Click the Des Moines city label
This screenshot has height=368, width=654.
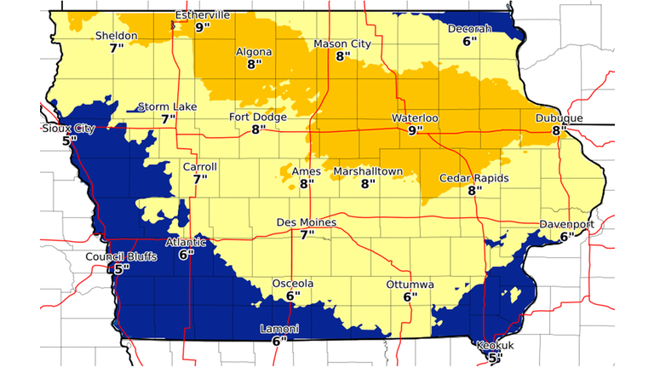pos(307,222)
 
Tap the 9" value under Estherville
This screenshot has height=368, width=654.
pos(203,27)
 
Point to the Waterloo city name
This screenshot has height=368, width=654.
pos(415,118)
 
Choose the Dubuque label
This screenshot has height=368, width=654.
pos(559,118)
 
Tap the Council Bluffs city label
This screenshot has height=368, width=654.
pos(121,256)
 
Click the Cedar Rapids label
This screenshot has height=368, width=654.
pos(474,178)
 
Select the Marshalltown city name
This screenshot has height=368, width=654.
pos(368,171)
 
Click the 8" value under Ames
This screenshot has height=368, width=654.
pos(307,183)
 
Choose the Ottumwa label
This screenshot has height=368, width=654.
pos(410,284)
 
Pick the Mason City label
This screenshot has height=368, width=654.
pos(342,43)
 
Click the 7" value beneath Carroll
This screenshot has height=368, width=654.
pos(200,179)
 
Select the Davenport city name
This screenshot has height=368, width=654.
pos(566,225)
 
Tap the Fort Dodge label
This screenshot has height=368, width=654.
pos(258,118)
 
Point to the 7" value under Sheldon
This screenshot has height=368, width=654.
pos(117,48)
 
